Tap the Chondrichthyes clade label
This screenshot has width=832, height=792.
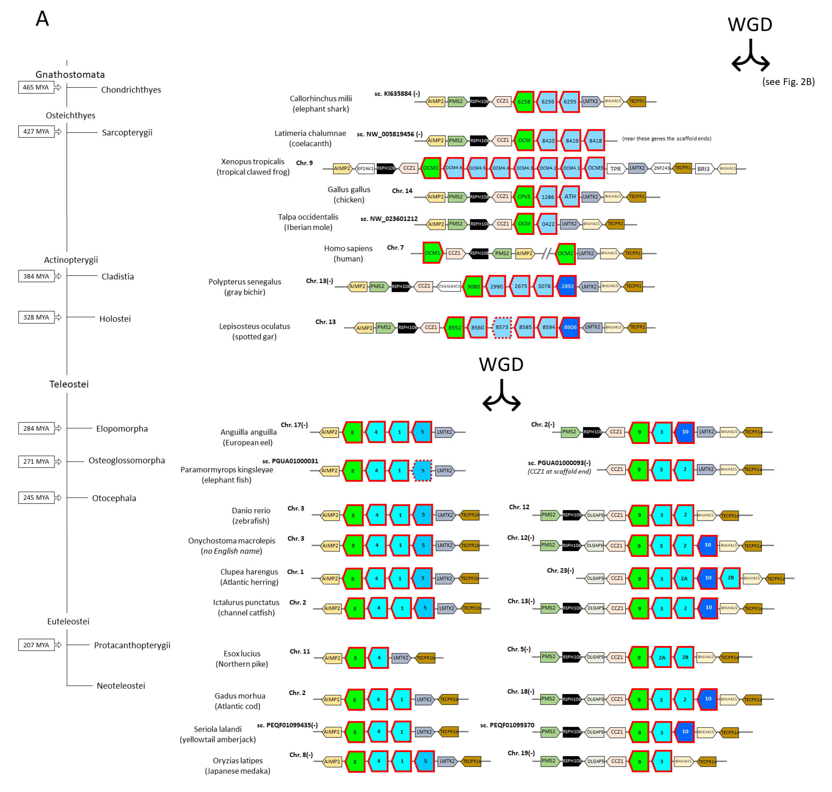coord(131,89)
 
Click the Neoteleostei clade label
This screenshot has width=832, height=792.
coord(121,686)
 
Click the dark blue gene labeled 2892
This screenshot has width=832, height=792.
coord(567,286)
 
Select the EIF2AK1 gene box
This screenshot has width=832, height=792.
coord(365,168)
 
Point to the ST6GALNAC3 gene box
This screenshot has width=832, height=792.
coord(449,286)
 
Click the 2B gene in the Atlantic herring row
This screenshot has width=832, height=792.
coord(730,578)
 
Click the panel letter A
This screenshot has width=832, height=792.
coord(42,19)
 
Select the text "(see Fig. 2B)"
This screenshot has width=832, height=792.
coord(788,82)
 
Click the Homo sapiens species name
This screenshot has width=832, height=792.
coord(348,248)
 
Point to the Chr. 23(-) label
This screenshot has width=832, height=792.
coord(560,570)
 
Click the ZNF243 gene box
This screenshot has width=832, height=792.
coord(661,168)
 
